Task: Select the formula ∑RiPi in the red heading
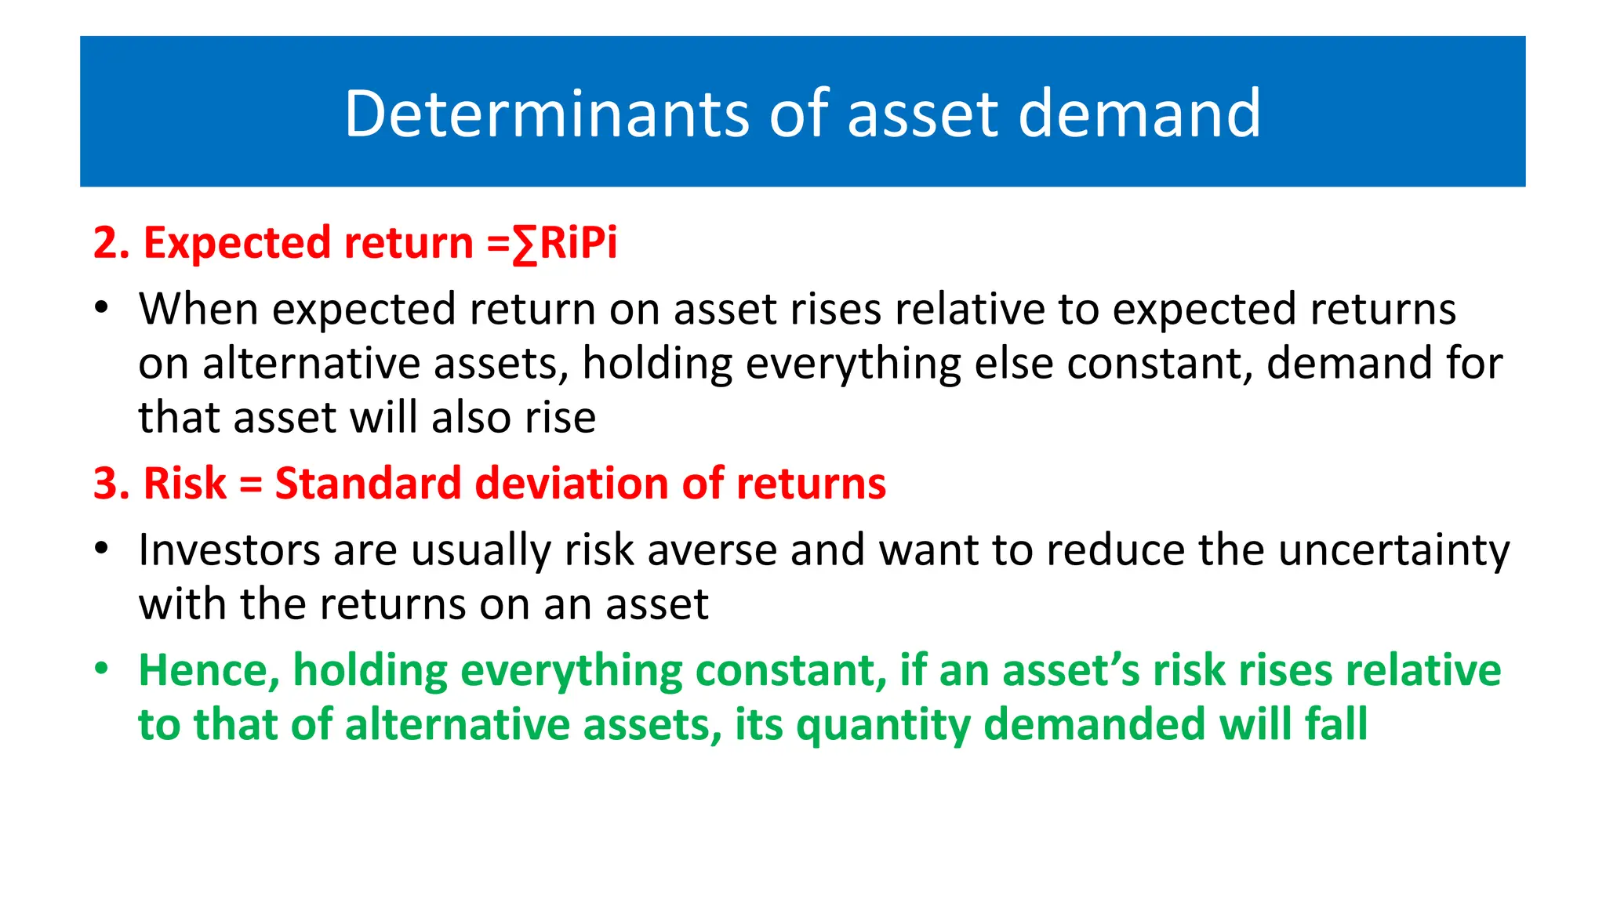565,243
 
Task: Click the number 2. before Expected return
111,243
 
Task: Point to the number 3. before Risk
111,484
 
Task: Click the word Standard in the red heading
367,484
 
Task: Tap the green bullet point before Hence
101,670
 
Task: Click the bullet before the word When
101,309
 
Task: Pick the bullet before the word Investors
101,549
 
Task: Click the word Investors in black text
229,549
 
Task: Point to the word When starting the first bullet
198,309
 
